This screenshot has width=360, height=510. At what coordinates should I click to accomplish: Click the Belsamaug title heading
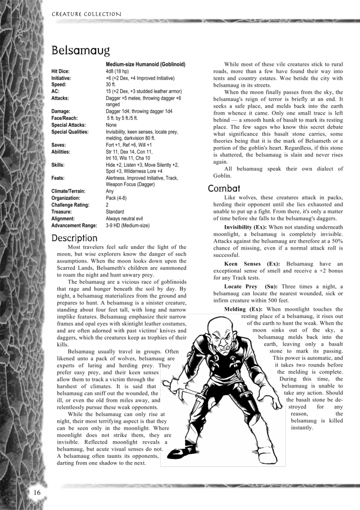pyautogui.click(x=81, y=50)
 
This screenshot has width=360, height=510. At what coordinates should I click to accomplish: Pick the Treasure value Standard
pyautogui.click(x=115, y=212)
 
